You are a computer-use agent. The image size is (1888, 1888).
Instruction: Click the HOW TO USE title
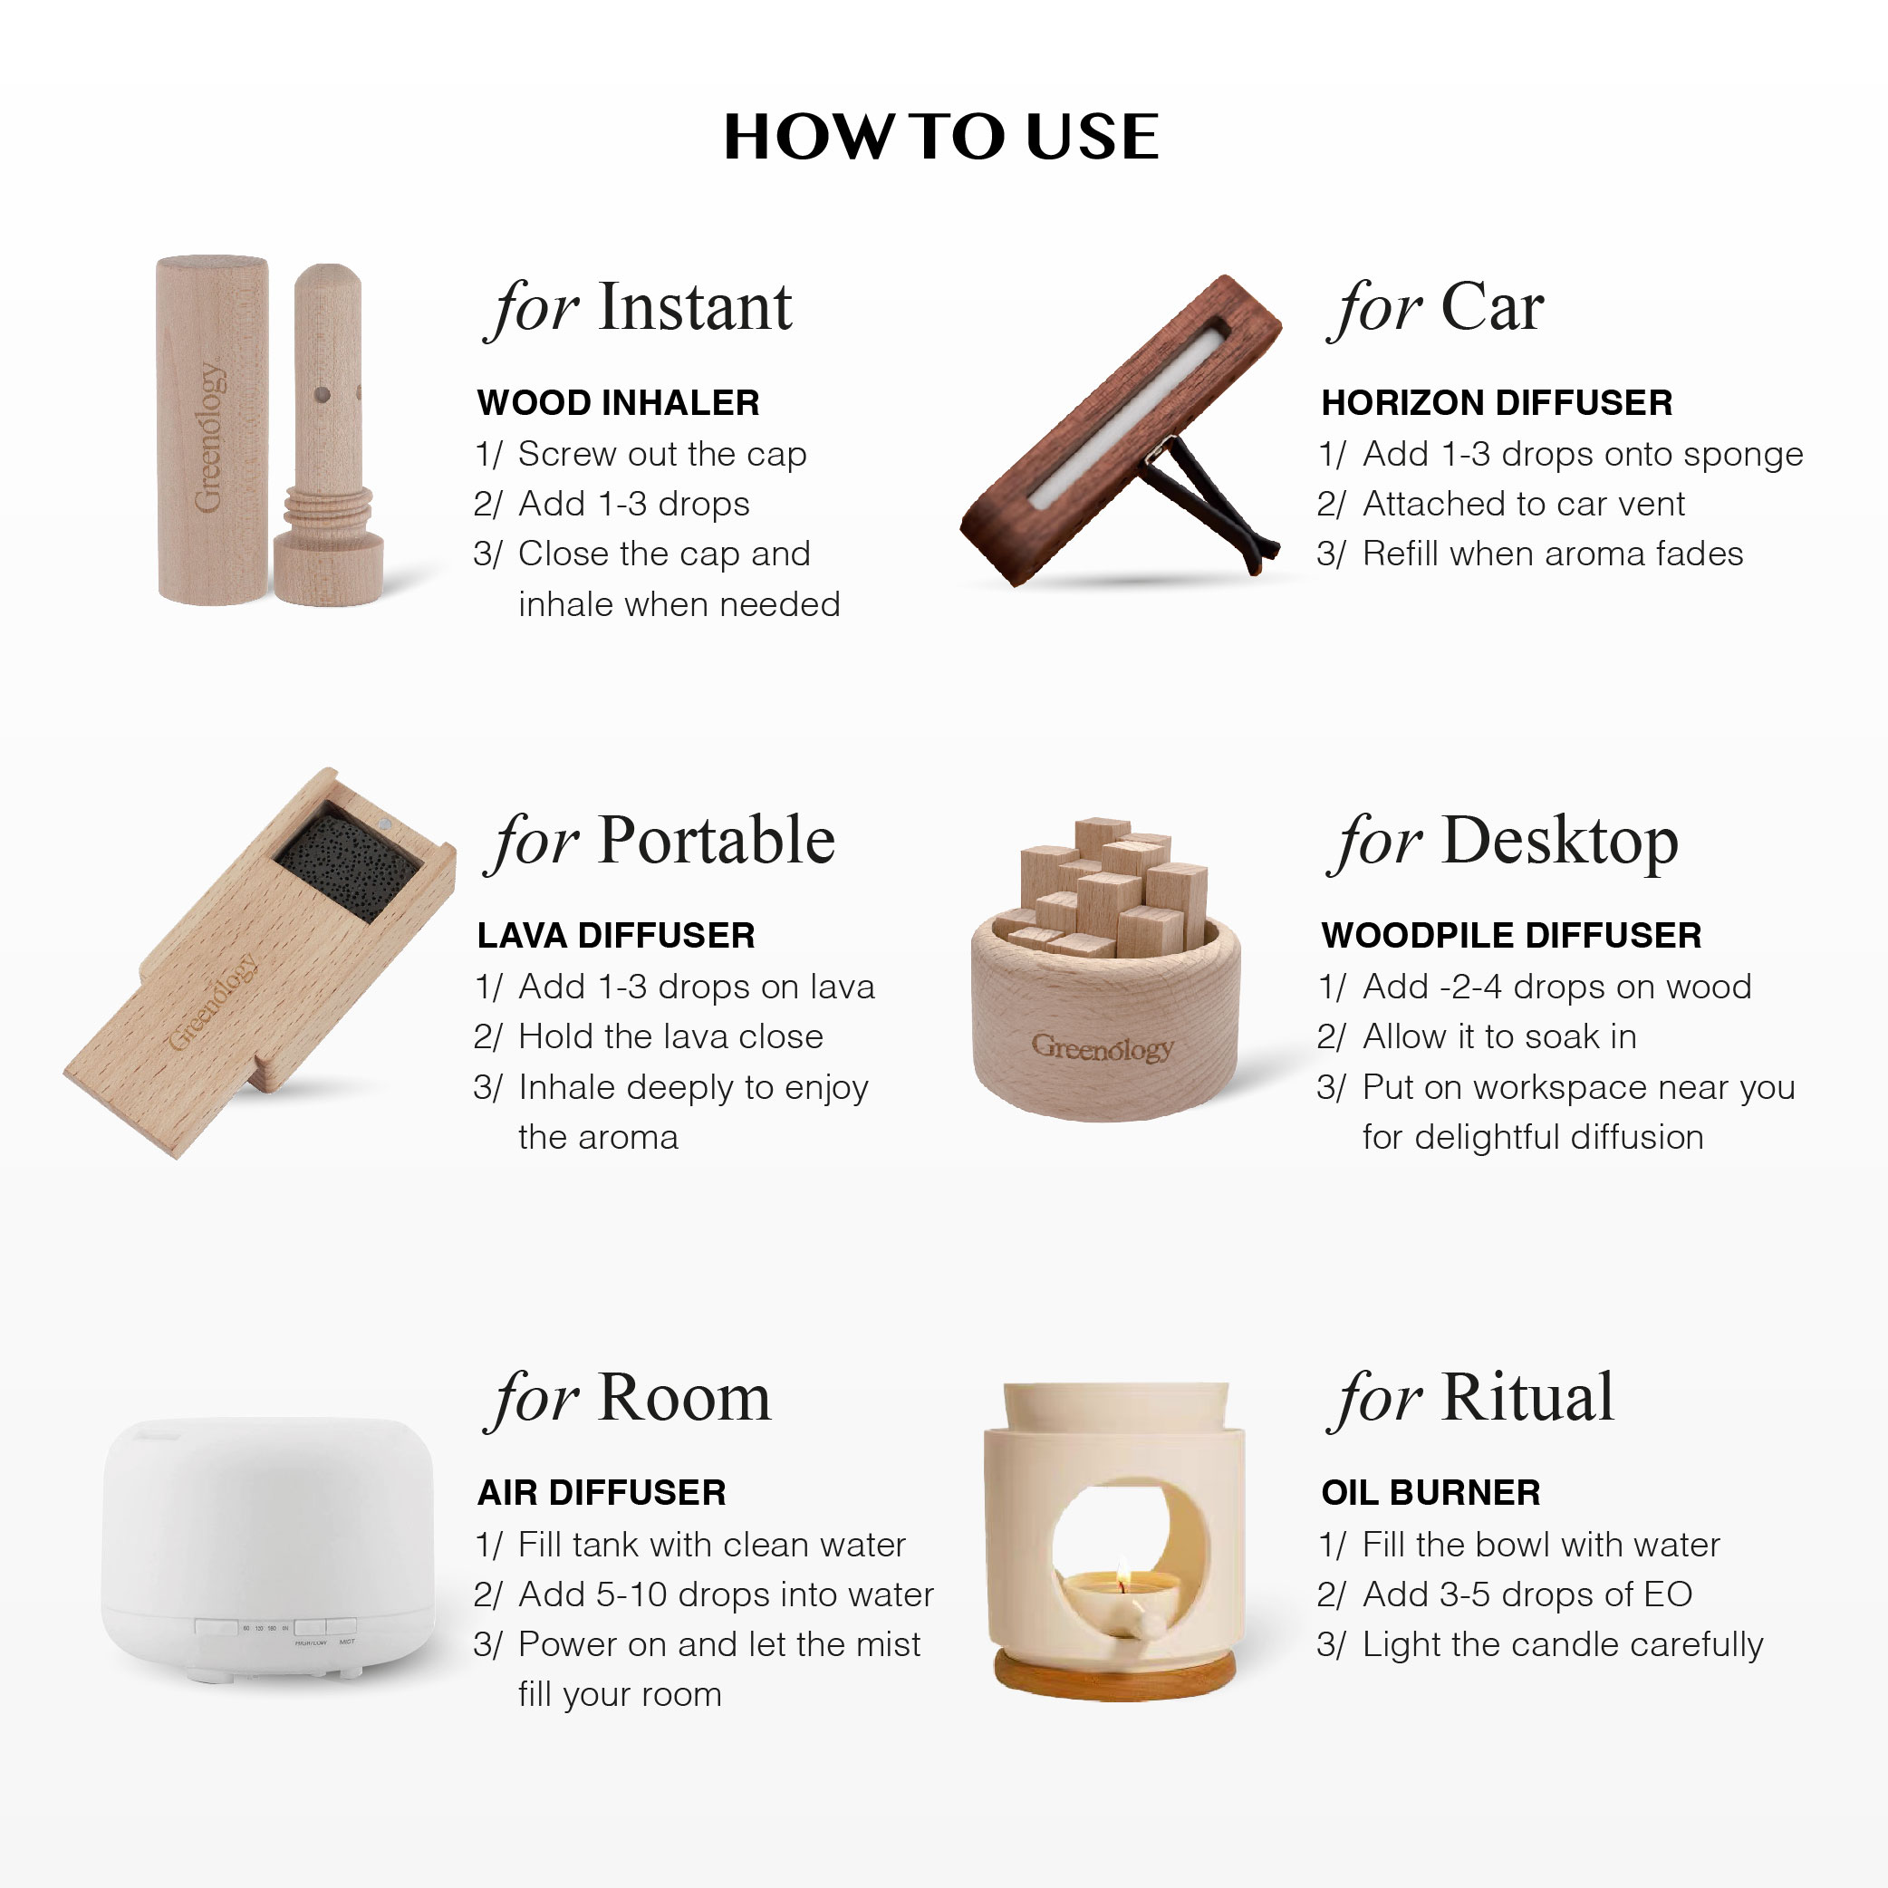click(x=941, y=136)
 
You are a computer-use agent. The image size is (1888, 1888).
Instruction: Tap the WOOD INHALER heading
click(x=618, y=402)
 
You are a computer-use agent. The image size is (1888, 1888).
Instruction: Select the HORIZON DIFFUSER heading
click(x=1496, y=402)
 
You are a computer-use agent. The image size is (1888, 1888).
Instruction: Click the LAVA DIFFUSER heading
click(x=616, y=935)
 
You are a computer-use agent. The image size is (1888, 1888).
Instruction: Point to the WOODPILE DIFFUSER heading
click(x=1511, y=935)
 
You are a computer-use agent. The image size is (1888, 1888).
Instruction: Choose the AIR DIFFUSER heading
click(x=602, y=1492)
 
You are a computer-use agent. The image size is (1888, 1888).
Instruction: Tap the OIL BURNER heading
click(x=1430, y=1492)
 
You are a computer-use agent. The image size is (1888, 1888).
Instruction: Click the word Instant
click(x=695, y=308)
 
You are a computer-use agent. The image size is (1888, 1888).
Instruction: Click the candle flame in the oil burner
click(x=1122, y=1573)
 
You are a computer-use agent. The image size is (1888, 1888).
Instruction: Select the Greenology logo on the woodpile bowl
click(x=1102, y=1048)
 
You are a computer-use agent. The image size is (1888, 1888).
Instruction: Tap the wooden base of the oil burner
click(x=1115, y=1674)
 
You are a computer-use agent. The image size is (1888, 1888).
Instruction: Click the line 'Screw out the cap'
click(x=661, y=455)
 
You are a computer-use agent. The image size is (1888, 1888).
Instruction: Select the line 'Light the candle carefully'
click(x=1563, y=1644)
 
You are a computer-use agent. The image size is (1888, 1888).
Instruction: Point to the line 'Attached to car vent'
click(x=1524, y=505)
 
